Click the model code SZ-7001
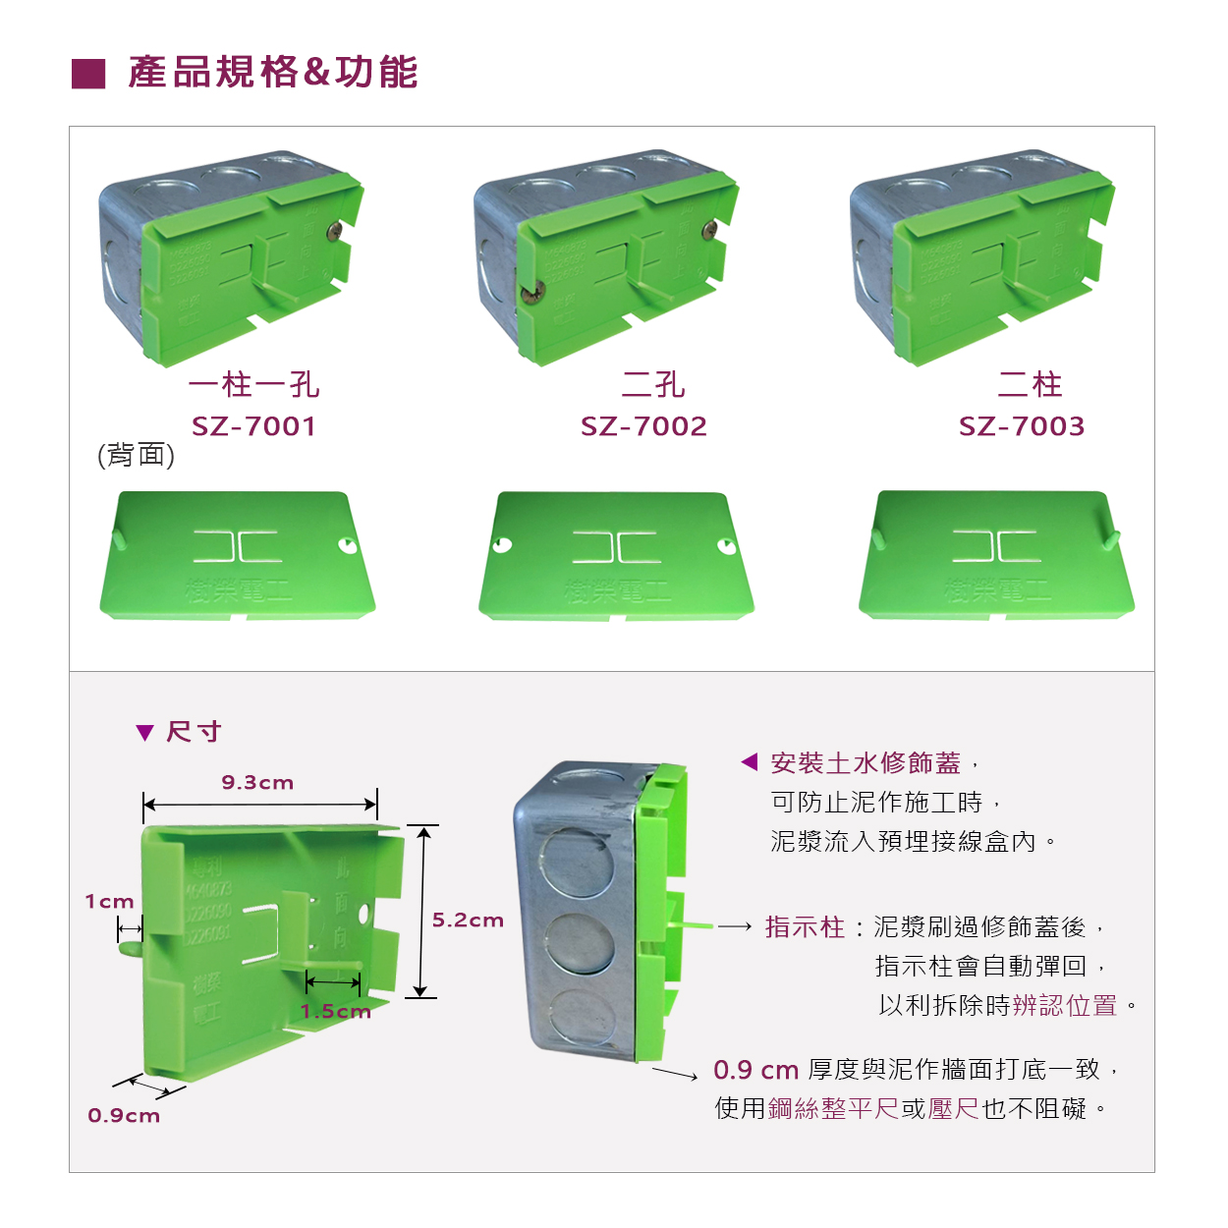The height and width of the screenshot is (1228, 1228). [253, 426]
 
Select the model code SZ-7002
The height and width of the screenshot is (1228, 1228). [643, 426]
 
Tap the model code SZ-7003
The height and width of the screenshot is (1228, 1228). [1022, 426]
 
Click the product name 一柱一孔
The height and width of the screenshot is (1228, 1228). [253, 384]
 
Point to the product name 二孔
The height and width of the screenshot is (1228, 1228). [653, 384]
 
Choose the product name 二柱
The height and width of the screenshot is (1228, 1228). [1030, 384]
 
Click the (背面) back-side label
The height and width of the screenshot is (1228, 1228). [136, 455]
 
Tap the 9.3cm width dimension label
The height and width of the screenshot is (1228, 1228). [257, 783]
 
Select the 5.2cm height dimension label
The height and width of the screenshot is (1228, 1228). [468, 921]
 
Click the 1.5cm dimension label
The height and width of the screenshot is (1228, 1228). [335, 1012]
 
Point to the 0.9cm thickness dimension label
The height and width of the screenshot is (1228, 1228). [124, 1116]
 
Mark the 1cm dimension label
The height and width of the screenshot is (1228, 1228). [109, 902]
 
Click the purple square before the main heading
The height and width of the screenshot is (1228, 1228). [88, 74]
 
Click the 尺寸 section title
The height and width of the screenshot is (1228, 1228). [194, 732]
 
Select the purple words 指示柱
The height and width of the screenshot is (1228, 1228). [805, 927]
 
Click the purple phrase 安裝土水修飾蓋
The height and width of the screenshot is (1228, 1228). [865, 763]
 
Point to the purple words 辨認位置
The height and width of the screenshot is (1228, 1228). [1064, 1006]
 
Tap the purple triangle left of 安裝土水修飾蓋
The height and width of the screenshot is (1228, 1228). [749, 761]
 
